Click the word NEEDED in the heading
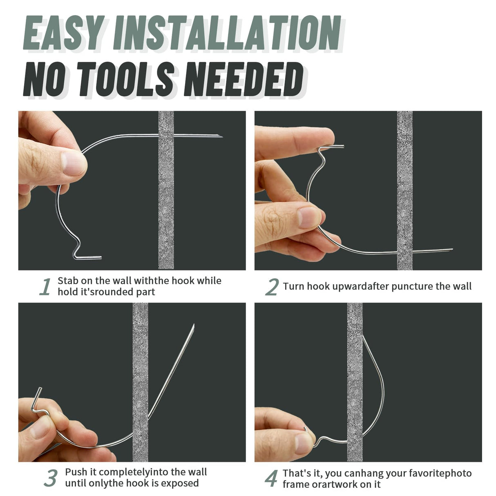[244, 79]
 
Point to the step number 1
[45, 286]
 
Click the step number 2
[272, 287]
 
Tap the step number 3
[51, 478]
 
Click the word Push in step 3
[75, 472]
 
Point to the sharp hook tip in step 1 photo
[222, 136]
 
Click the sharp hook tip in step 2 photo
[452, 249]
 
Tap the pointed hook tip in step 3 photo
[194, 325]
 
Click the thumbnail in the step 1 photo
[74, 164]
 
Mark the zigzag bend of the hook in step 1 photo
[77, 244]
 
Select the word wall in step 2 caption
[463, 286]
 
